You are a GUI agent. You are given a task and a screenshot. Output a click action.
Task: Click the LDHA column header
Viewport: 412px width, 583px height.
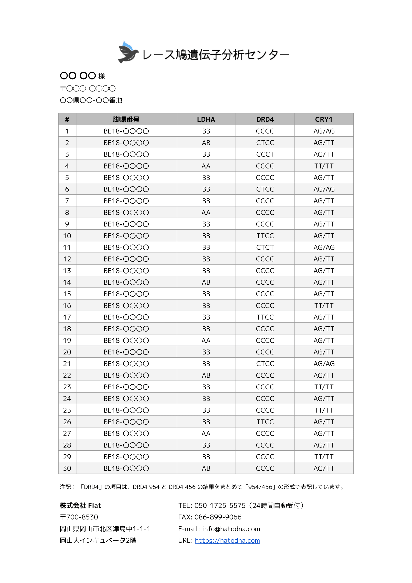click(x=206, y=119)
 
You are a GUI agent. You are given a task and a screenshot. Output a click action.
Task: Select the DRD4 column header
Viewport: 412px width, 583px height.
click(x=265, y=119)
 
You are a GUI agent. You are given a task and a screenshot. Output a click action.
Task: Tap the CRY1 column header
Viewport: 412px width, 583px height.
click(x=324, y=119)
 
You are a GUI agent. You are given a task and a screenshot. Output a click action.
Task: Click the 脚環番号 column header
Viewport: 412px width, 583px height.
click(x=126, y=119)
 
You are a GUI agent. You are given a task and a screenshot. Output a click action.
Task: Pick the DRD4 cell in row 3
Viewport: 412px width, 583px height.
click(x=265, y=154)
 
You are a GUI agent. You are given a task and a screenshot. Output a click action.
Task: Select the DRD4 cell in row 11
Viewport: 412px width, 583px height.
click(x=265, y=247)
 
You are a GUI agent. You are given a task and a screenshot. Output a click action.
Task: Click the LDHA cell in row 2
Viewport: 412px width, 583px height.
click(x=206, y=143)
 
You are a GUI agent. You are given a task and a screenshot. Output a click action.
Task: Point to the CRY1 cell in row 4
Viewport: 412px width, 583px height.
click(x=324, y=166)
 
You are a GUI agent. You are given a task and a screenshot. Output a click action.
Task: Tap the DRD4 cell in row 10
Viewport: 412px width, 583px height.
click(x=265, y=236)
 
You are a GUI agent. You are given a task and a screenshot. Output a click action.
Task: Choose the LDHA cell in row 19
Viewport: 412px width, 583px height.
click(x=206, y=340)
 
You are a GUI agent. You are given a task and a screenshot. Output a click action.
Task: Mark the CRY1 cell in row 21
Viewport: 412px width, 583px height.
click(x=324, y=364)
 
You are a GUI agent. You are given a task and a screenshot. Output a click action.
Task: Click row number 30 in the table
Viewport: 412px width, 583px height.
click(x=67, y=468)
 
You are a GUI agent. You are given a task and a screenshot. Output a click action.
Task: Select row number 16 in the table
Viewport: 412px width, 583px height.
click(x=67, y=306)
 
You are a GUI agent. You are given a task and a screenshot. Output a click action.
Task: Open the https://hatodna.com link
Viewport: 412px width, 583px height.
click(x=227, y=540)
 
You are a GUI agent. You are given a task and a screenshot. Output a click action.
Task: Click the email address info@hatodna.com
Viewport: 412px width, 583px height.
click(x=231, y=529)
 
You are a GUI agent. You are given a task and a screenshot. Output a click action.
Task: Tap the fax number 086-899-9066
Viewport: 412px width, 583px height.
click(x=218, y=517)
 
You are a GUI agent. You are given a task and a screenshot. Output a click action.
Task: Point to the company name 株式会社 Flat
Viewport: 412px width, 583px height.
click(x=80, y=505)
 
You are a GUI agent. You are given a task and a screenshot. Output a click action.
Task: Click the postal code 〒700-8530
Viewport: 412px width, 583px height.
click(x=79, y=517)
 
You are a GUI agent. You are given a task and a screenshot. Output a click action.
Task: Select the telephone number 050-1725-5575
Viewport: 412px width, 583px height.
click(x=220, y=505)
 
